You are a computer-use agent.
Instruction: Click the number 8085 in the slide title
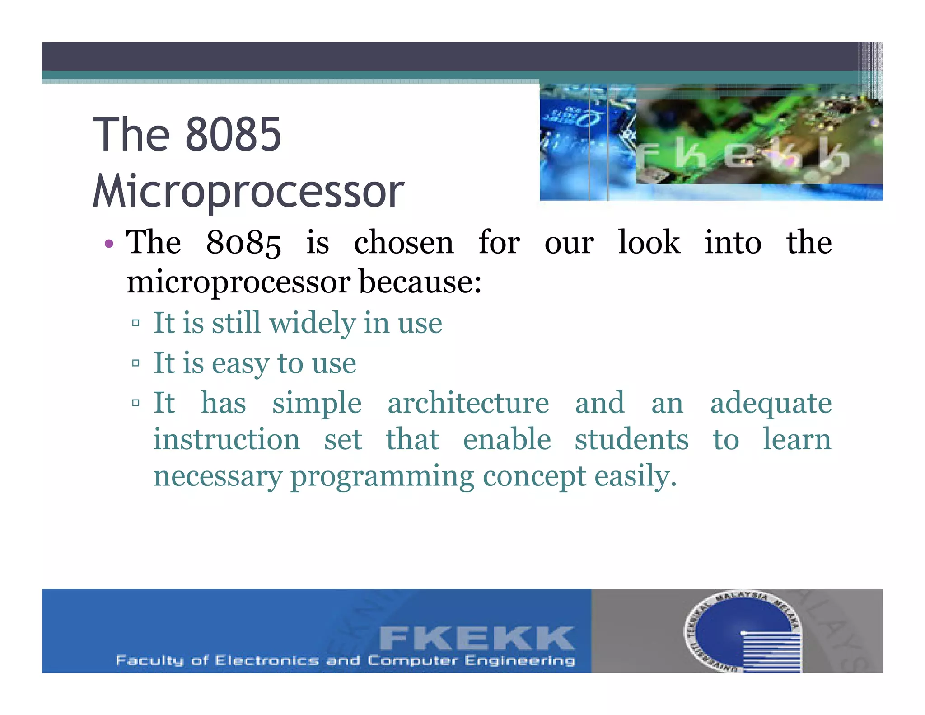233,134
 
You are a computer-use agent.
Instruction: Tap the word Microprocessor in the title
248,191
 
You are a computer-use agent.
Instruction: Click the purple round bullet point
109,244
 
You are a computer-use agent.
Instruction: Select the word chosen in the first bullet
403,243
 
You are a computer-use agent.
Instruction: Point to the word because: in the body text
420,282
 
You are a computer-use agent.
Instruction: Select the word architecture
468,403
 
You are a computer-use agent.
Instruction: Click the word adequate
771,404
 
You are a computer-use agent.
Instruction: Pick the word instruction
226,440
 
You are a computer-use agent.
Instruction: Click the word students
631,440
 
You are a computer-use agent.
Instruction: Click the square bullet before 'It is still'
135,323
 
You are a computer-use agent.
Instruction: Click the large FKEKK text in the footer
477,638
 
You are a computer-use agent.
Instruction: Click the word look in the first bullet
649,243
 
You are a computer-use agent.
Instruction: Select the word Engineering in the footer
520,661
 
